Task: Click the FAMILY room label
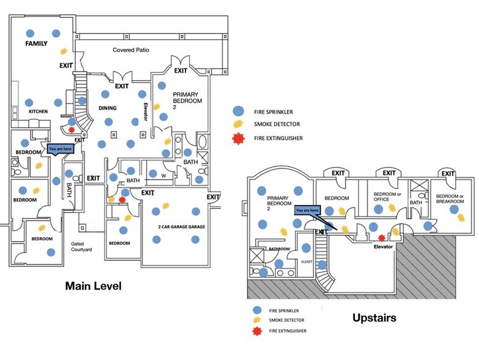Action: click(36, 45)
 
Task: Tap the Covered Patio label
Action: click(131, 50)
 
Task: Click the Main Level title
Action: click(93, 286)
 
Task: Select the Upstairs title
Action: click(374, 318)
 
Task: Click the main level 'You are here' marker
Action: click(60, 149)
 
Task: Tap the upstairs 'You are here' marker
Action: click(306, 211)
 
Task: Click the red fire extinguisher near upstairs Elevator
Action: click(382, 238)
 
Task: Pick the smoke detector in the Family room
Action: click(61, 51)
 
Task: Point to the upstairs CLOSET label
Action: click(307, 261)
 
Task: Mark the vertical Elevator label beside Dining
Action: click(146, 111)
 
